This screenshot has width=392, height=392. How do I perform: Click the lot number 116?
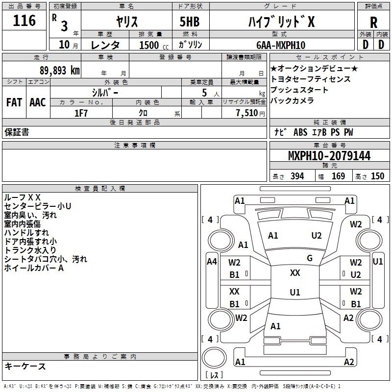pos(24,21)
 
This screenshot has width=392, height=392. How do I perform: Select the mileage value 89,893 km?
pos(60,71)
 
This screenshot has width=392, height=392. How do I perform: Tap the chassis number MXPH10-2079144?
pos(329,156)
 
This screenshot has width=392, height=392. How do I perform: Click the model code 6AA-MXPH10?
pos(281,45)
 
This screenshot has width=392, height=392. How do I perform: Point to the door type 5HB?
pos(190,22)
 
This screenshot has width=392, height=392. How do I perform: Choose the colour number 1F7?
pos(81,113)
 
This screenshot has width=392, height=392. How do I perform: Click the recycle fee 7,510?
pos(247,113)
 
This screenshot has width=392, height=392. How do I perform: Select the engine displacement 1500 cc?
pos(154,45)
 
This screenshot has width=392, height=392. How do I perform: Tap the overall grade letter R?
pos(373,23)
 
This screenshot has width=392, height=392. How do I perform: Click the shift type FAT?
pos(14,102)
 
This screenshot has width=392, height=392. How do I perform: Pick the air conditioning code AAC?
pos(38,102)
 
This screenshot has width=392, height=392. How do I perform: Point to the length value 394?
pos(297,176)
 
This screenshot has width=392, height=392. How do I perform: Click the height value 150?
pos(377,176)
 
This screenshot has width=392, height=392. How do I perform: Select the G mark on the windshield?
pos(310,258)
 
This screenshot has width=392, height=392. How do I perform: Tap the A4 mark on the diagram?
pos(212,262)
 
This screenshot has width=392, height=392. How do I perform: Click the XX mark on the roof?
pos(295,273)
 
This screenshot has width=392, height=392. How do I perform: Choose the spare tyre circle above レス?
pos(214,358)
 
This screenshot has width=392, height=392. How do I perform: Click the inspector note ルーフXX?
pos(22,197)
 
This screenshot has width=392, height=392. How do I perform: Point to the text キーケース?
pos(25,366)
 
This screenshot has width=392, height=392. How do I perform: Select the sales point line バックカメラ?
pos(292,100)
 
